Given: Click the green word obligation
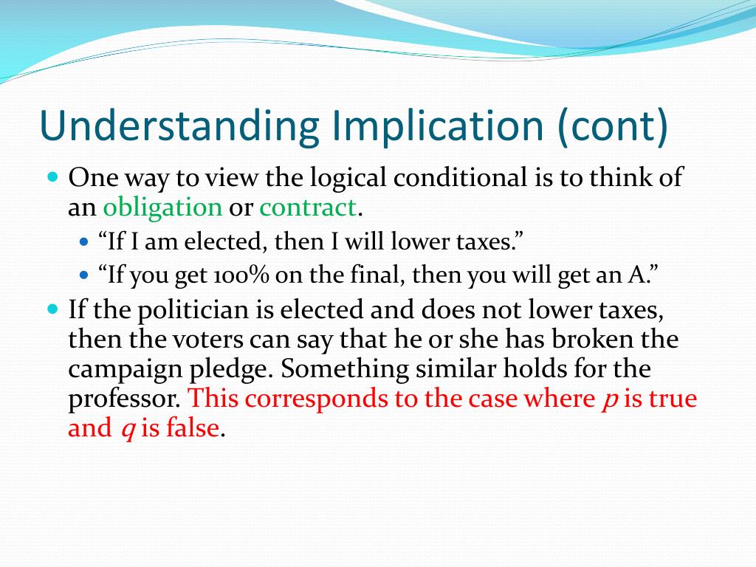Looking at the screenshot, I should tap(162, 207).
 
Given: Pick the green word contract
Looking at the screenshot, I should tap(308, 207).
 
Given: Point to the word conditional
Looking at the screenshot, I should tap(458, 178).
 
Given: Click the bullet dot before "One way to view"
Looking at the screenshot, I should tap(52, 177).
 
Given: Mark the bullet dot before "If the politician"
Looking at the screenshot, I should tap(52, 308).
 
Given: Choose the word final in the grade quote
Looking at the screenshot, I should tap(382, 275).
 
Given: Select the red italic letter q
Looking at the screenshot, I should tap(126, 429).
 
